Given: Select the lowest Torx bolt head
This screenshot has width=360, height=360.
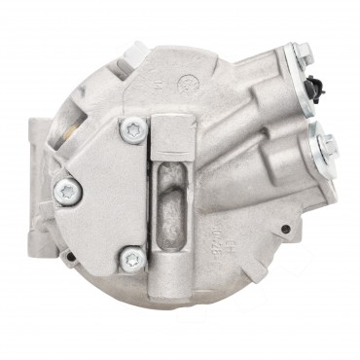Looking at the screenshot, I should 132,258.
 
